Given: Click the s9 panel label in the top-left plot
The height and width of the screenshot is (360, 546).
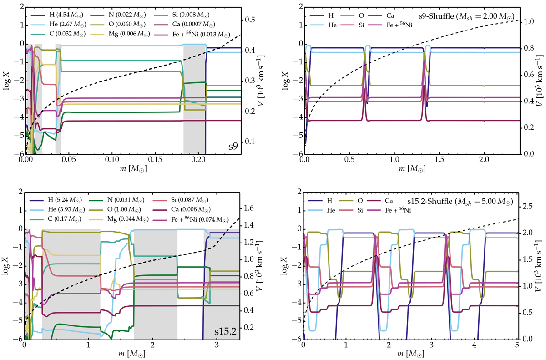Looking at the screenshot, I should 233,147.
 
